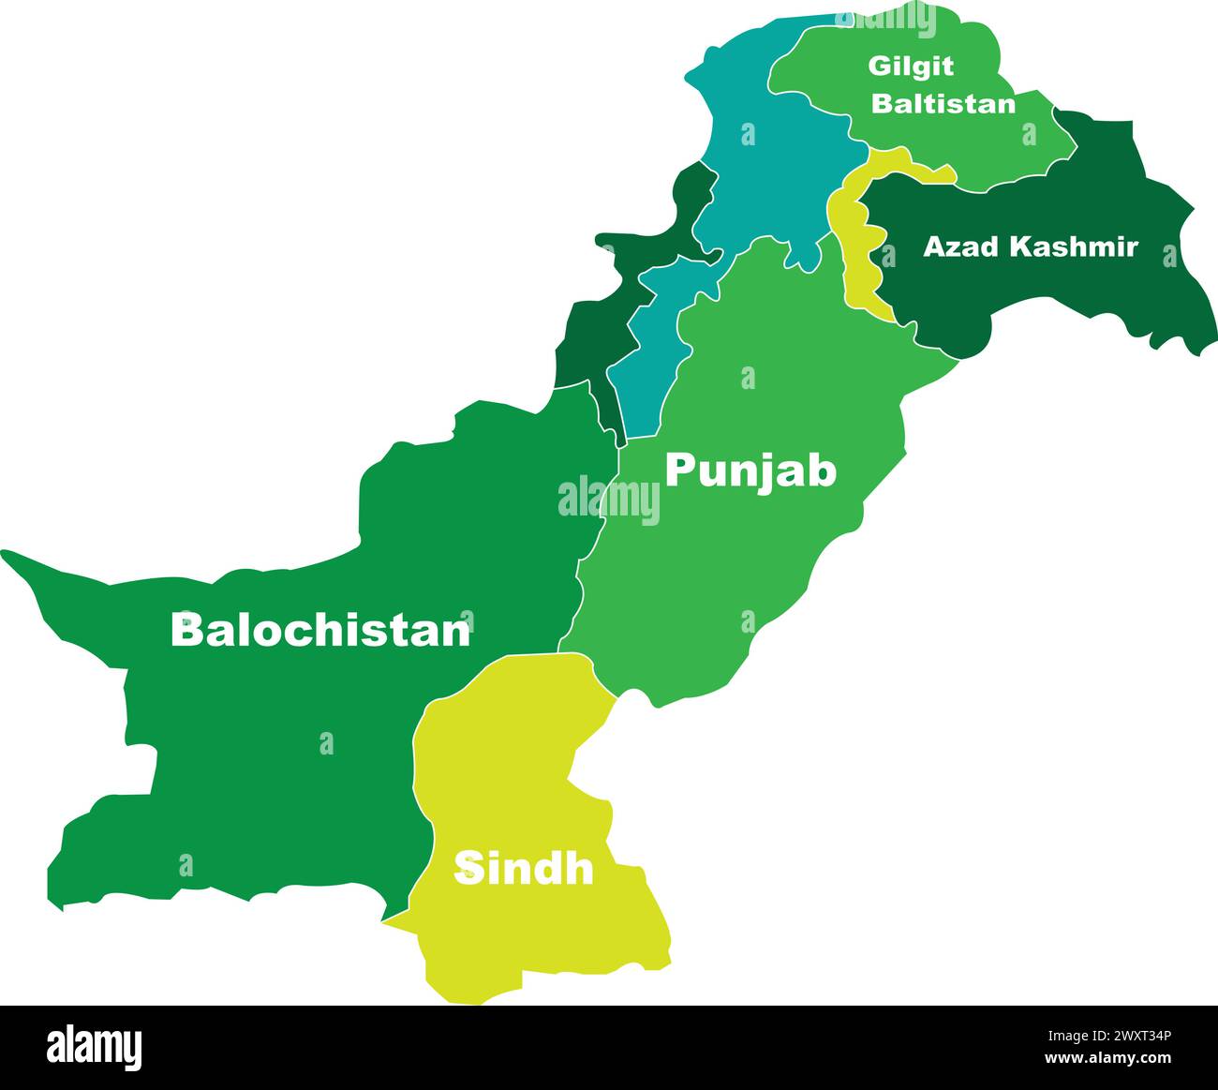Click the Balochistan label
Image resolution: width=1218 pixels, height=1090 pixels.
[319, 630]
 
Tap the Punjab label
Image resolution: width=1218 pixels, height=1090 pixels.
[750, 471]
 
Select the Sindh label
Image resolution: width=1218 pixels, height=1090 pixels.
[524, 869]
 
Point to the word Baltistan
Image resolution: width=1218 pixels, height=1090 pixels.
[943, 103]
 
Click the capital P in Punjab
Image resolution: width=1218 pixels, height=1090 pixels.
[679, 470]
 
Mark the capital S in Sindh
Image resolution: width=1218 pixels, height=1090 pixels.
[468, 869]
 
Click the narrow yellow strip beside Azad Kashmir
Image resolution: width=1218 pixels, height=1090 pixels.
[854, 253]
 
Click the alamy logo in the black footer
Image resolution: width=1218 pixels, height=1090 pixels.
[94, 1046]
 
